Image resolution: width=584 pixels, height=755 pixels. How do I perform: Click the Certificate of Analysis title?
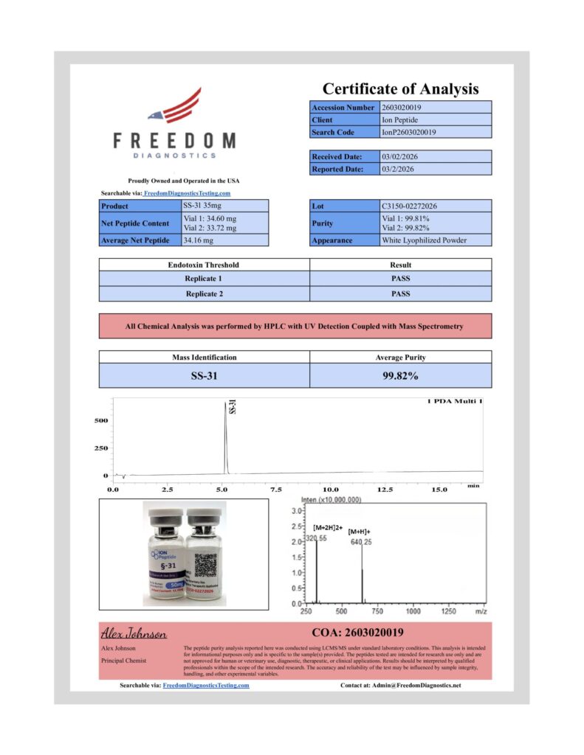400,89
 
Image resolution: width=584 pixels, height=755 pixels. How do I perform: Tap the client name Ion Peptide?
399,120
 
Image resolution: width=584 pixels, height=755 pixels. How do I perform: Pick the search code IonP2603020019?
408,133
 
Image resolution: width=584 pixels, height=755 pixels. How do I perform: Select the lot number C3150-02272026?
415,206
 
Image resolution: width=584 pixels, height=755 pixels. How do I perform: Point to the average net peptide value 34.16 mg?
198,240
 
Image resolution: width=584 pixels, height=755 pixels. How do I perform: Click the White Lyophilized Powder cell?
425,240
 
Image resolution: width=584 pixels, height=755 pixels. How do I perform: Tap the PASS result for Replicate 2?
400,294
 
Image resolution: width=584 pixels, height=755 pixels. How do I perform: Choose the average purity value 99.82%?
400,376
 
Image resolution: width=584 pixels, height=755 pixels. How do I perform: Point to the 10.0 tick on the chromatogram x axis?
331,489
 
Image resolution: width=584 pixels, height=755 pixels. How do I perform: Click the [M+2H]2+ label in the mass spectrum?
326,528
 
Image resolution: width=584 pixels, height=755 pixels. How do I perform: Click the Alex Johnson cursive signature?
134,634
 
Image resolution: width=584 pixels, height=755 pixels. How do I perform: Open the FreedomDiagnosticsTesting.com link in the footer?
205,686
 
